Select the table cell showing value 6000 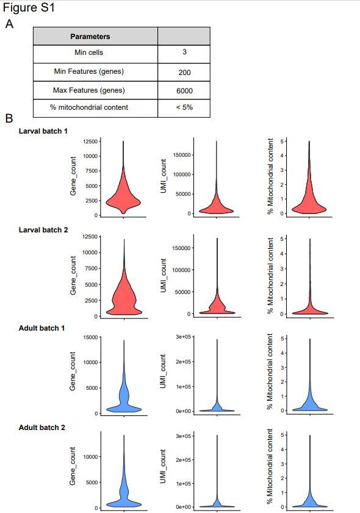pyautogui.click(x=184, y=90)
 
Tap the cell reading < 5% pyautogui.click(x=184, y=108)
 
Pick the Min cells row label pyautogui.click(x=88, y=52)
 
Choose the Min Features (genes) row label pyautogui.click(x=88, y=71)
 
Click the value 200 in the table pyautogui.click(x=185, y=73)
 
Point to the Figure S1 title pyautogui.click(x=29, y=7)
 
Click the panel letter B pyautogui.click(x=9, y=118)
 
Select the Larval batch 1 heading pyautogui.click(x=43, y=131)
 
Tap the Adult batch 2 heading pyautogui.click(x=42, y=428)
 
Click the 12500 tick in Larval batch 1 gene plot pyautogui.click(x=90, y=142)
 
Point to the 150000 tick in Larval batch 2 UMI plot pyautogui.click(x=181, y=248)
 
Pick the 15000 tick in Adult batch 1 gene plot pyautogui.click(x=90, y=337)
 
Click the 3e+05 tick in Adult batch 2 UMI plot pyautogui.click(x=183, y=436)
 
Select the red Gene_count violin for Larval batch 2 pyautogui.click(x=124, y=288)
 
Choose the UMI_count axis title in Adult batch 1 pyautogui.click(x=163, y=371)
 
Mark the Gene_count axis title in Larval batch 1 pyautogui.click(x=73, y=176)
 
